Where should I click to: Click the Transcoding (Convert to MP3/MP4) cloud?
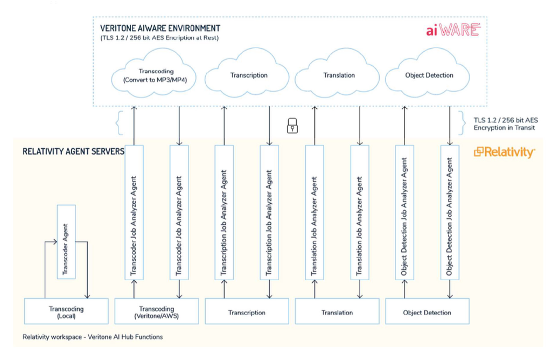point(153,75)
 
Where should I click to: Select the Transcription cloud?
point(249,75)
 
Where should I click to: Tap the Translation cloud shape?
point(339,75)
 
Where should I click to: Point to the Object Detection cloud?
point(429,75)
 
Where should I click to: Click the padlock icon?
point(292,126)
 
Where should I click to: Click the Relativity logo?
point(504,153)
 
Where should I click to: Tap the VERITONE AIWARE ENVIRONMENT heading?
point(160,28)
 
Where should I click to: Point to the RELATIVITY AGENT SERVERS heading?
point(73,151)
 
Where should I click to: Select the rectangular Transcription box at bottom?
point(247,313)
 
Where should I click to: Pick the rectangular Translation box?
point(337,313)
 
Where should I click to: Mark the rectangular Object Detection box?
point(428,313)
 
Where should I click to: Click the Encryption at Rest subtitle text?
point(159,38)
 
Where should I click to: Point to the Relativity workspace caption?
point(92,337)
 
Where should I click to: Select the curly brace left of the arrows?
point(119,122)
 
